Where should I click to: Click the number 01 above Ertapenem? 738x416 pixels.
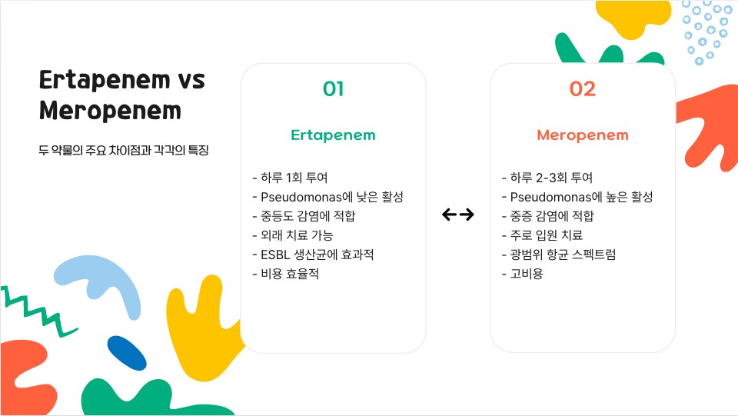point(333,89)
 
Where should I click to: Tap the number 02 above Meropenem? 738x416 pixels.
point(582,89)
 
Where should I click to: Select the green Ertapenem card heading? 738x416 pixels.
point(333,135)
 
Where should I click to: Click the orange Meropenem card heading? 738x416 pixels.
point(582,135)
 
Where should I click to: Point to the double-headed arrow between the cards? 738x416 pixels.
point(458,215)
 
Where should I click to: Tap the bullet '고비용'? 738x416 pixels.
point(522,274)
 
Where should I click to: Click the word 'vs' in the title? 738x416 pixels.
point(191,80)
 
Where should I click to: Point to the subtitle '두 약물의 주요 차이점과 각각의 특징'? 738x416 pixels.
point(124,150)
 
